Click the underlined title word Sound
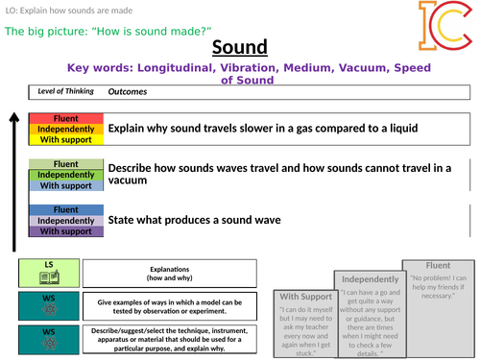pos(239,48)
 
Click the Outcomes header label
pos(128,92)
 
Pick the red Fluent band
pos(65,117)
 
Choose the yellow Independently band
pos(65,128)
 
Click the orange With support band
pos(65,139)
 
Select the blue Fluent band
pos(65,209)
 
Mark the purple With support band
pos(65,231)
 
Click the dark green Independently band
pos(65,175)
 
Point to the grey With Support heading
pos(303,297)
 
